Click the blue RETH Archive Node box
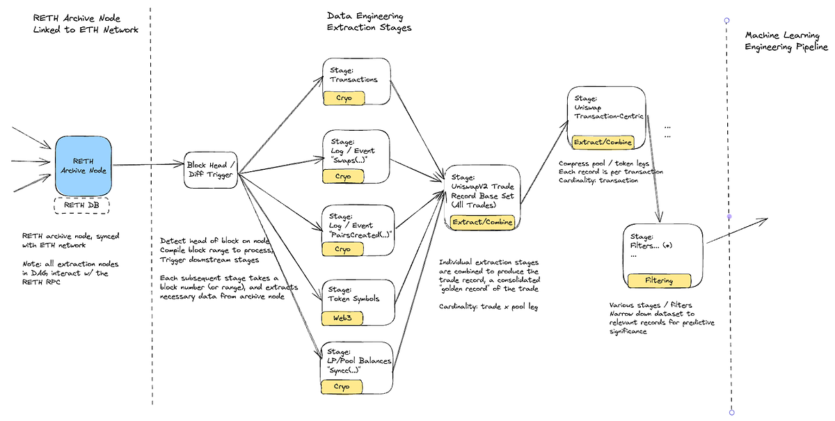coord(83,166)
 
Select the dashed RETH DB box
coord(81,205)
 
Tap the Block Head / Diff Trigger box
coord(211,170)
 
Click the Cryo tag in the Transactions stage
coord(344,98)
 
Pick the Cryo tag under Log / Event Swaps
coord(343,176)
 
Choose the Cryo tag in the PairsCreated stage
coord(342,249)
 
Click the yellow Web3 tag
coord(342,318)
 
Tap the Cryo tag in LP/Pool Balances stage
coord(342,387)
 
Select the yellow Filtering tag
coord(659,281)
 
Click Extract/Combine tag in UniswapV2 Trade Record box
coord(482,222)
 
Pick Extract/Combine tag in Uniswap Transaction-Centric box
coord(603,142)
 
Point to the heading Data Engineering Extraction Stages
coord(369,22)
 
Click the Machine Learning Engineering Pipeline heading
coord(786,40)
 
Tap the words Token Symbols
coord(353,299)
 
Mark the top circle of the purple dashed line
coord(726,20)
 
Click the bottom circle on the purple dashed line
coord(732,413)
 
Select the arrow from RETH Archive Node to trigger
coord(148,164)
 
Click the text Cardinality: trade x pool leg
coord(488,306)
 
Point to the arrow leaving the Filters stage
coord(737,231)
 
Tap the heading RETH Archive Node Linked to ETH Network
coord(86,24)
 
